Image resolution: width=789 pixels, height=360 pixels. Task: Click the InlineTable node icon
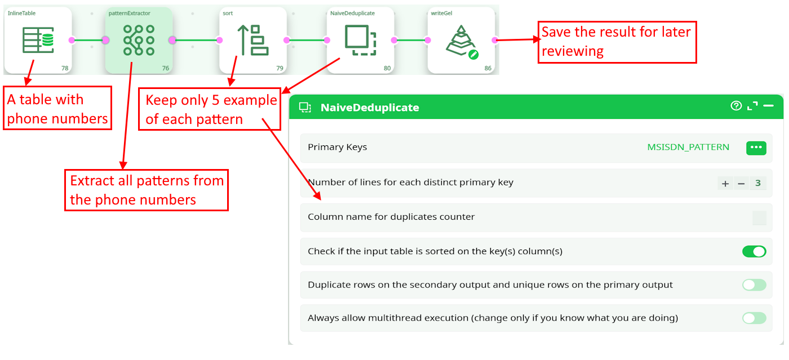coord(38,40)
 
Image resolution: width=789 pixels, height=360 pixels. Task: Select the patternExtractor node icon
coord(139,40)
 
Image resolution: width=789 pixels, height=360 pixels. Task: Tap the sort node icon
coord(253,40)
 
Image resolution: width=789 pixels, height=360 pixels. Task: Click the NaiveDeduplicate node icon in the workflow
coord(360,40)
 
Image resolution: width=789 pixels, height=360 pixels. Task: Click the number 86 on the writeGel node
coord(487,68)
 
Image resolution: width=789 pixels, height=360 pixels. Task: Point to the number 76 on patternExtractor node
coord(165,68)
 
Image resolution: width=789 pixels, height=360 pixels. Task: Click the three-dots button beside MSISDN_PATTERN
coord(756,148)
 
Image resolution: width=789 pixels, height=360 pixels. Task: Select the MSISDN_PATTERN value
coord(688,147)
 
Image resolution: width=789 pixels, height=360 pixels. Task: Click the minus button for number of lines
coord(741,184)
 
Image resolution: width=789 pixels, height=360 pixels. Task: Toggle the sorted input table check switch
coord(754,251)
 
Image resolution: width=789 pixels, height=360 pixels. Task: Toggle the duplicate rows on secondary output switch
coord(754,285)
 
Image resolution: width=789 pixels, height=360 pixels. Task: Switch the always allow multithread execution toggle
coord(754,318)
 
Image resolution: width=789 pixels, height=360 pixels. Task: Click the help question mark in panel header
coord(736,106)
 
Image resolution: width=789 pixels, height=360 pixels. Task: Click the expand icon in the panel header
coord(752,106)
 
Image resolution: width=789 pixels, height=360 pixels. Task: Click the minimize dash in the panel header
coord(769,106)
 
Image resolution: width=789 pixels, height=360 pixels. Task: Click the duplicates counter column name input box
coord(760,217)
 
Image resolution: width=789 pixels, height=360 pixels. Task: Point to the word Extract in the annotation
coord(92,181)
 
